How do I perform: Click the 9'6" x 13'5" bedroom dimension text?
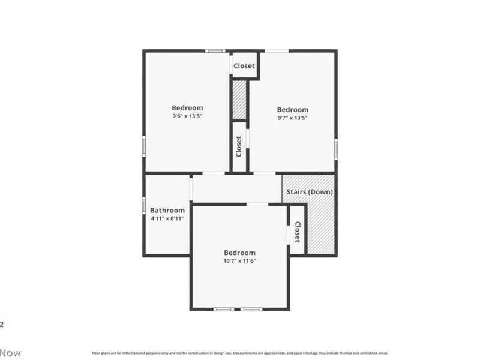(187, 116)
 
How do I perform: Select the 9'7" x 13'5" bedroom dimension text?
(292, 118)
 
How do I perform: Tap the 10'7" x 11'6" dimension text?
(239, 261)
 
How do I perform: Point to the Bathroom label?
(167, 210)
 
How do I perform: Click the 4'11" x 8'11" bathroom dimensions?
(167, 218)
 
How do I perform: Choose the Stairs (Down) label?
(308, 192)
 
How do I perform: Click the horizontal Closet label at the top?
(244, 66)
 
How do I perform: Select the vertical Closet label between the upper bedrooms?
(239, 146)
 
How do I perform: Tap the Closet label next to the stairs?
(298, 232)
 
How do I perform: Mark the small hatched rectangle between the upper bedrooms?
(239, 100)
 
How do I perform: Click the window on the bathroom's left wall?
(144, 205)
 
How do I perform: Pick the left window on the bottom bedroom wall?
(224, 309)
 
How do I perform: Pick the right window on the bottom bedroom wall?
(251, 309)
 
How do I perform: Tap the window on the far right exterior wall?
(336, 148)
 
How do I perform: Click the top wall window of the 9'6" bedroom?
(215, 51)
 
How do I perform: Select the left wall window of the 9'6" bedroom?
(144, 146)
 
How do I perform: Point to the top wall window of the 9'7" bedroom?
(276, 51)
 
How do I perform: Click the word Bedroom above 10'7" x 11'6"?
(239, 253)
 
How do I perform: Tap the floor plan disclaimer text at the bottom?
(239, 353)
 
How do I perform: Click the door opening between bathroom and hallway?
(191, 189)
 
